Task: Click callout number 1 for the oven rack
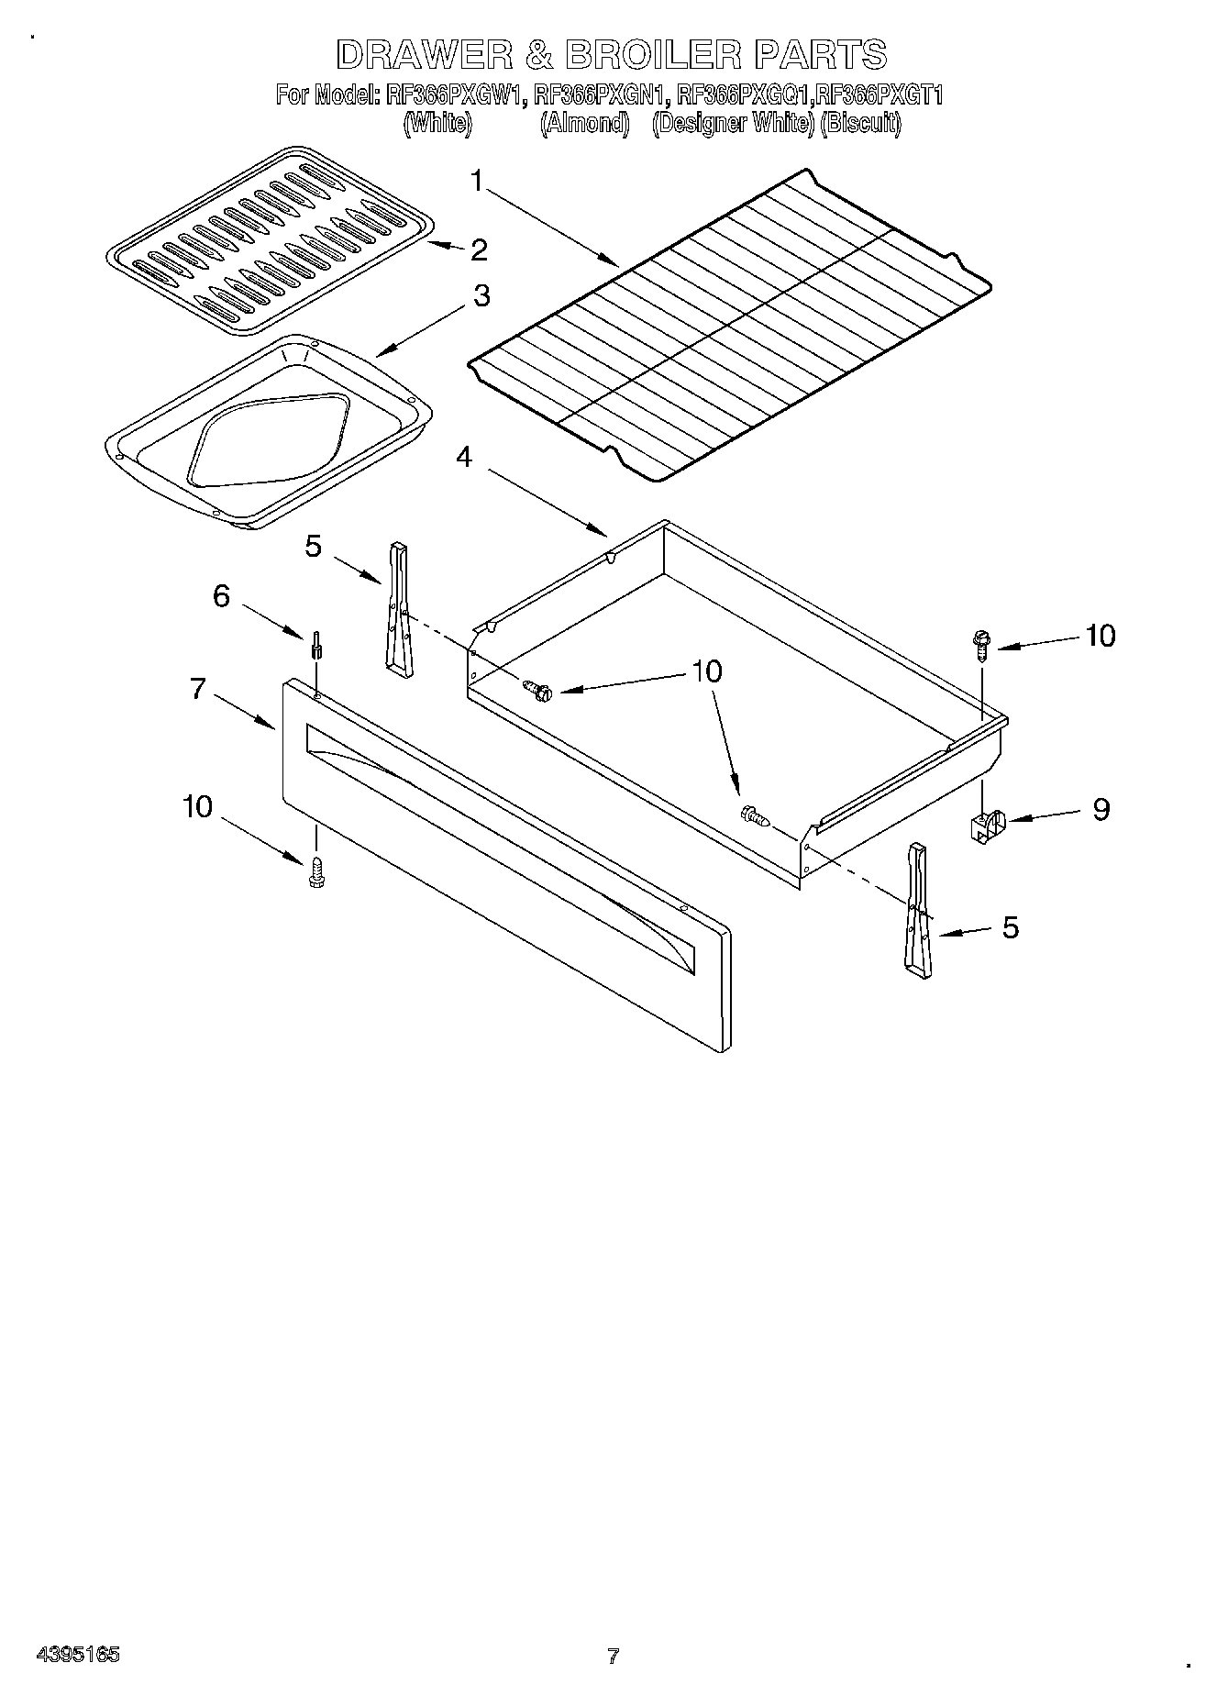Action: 476,182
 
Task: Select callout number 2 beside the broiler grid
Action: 478,249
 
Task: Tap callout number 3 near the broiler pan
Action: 481,296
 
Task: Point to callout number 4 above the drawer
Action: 465,456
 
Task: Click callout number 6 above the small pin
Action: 221,596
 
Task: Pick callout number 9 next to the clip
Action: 1101,809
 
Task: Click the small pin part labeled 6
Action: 315,644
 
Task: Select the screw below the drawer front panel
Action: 317,871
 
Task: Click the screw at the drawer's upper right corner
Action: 980,644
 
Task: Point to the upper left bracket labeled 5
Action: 399,610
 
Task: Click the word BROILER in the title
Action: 651,55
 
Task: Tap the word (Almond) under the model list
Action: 584,123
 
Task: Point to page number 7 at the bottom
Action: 614,1656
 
